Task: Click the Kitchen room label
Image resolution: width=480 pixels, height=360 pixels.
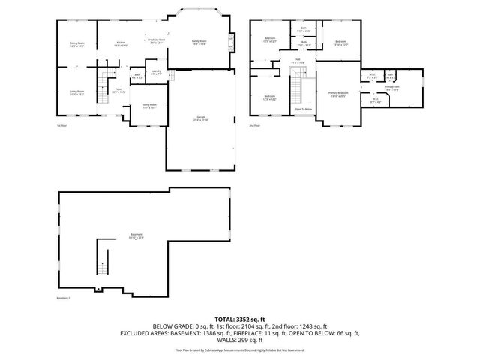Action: pyautogui.click(x=120, y=43)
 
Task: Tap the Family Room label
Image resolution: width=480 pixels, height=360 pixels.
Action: pyautogui.click(x=199, y=42)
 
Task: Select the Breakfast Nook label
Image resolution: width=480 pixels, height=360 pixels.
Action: pyautogui.click(x=157, y=40)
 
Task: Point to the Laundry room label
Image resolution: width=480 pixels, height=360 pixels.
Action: pyautogui.click(x=156, y=73)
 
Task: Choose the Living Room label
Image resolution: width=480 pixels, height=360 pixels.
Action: pyautogui.click(x=76, y=92)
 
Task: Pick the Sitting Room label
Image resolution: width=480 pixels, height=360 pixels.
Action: pyautogui.click(x=149, y=106)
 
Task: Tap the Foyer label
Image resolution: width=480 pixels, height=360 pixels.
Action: pyautogui.click(x=118, y=91)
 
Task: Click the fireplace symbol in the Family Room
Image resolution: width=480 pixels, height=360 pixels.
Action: pyautogui.click(x=230, y=43)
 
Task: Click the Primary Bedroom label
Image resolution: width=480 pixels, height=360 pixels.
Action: pyautogui.click(x=337, y=94)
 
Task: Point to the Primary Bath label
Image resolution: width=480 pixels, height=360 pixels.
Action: pyautogui.click(x=392, y=88)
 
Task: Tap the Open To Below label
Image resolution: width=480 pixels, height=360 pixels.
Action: pyautogui.click(x=304, y=109)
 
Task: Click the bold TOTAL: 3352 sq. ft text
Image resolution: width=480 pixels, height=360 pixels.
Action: pyautogui.click(x=240, y=319)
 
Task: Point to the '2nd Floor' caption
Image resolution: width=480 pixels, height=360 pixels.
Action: pyautogui.click(x=254, y=125)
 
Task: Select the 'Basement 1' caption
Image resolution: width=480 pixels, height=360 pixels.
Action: pyautogui.click(x=64, y=298)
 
